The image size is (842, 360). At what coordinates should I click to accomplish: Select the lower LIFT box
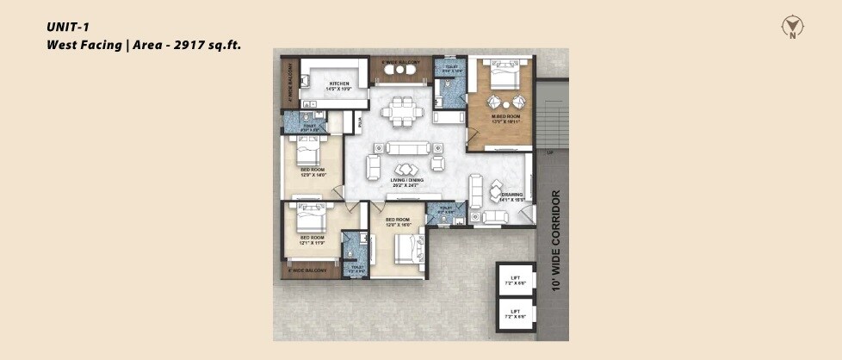515,313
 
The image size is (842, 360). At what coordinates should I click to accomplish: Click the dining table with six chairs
403,111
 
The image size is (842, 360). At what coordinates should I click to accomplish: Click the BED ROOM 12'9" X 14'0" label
312,172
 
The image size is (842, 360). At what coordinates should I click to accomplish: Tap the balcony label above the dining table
400,64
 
